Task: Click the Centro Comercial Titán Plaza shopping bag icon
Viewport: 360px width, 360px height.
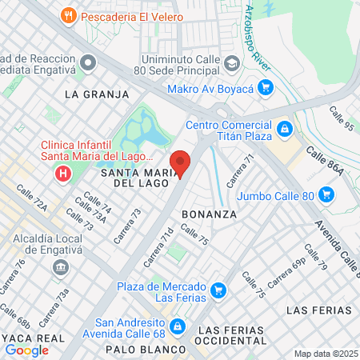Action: pyautogui.click(x=284, y=129)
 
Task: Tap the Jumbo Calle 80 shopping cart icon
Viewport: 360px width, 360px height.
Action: pyautogui.click(x=325, y=194)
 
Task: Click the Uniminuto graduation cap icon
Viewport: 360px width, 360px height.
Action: pyautogui.click(x=231, y=63)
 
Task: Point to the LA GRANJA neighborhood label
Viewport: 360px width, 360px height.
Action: pyautogui.click(x=96, y=94)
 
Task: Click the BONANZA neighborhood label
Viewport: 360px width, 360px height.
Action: pyautogui.click(x=209, y=214)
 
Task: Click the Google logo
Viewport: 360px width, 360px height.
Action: pyautogui.click(x=26, y=350)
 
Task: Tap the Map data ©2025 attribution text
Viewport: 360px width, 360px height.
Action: pyautogui.click(x=326, y=354)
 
